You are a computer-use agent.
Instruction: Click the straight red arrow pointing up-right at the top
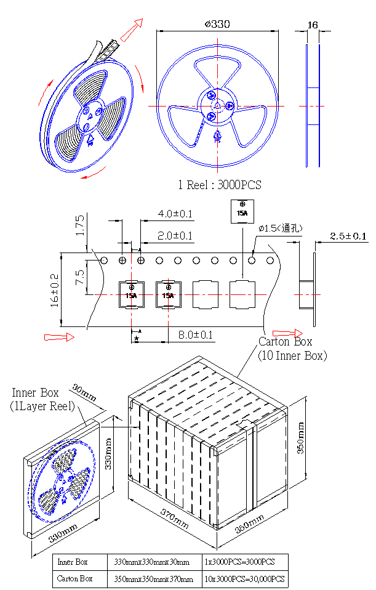[x=131, y=30]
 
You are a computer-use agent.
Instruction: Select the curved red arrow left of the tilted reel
[x=45, y=92]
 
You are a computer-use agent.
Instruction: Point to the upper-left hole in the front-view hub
[x=210, y=96]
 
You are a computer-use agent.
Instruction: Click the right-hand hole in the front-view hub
[x=230, y=106]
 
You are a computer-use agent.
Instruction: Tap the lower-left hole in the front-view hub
[x=210, y=116]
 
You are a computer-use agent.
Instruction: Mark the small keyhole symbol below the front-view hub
[x=217, y=137]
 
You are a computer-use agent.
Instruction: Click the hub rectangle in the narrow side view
[x=313, y=107]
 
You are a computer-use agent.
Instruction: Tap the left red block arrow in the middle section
[x=59, y=337]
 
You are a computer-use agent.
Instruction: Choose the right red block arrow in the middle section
[x=287, y=333]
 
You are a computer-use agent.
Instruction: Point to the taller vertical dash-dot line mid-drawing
[x=132, y=289]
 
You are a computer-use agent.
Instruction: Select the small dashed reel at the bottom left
[x=62, y=481]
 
